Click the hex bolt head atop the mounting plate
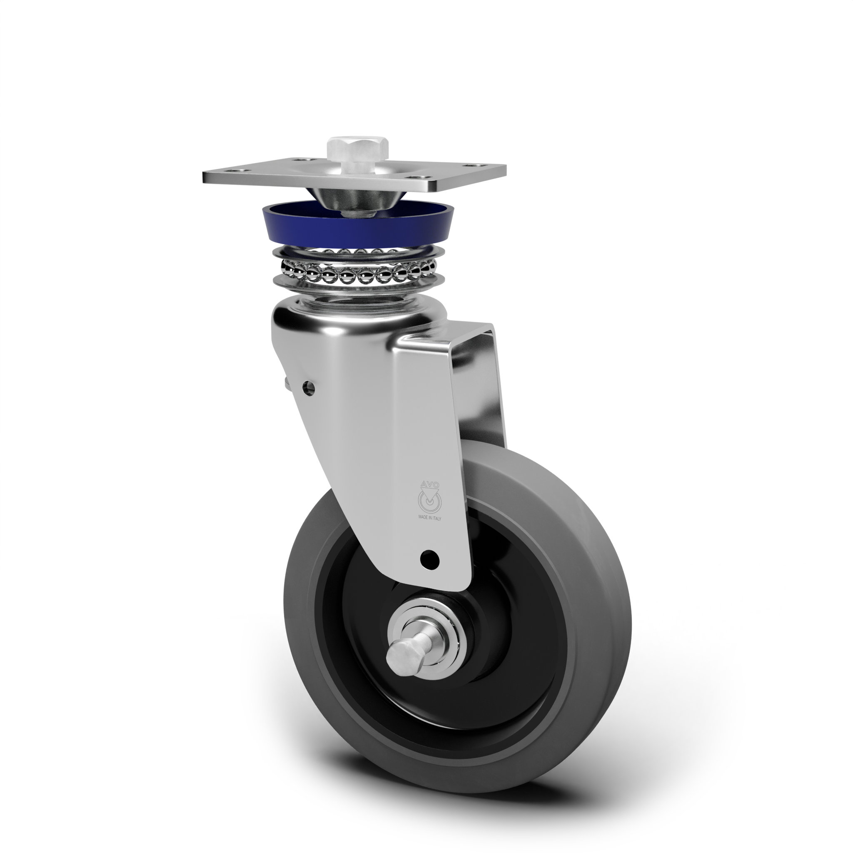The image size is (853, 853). pos(358,150)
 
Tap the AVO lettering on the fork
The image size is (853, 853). pos(429,484)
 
